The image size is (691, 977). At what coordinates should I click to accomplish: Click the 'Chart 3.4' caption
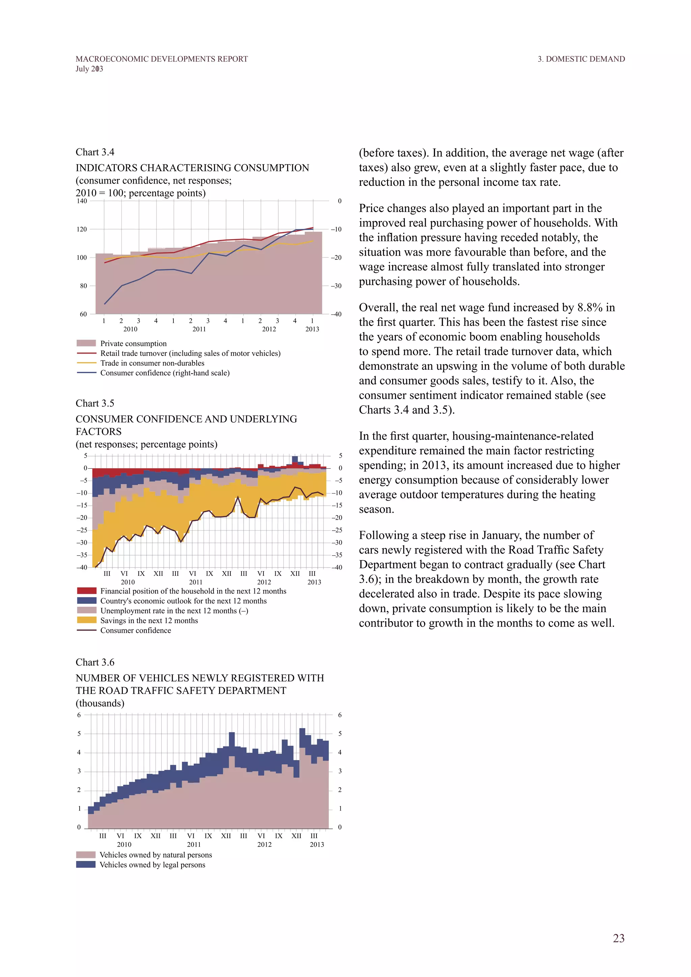pos(95,152)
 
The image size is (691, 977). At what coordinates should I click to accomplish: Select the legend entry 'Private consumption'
pos(133,343)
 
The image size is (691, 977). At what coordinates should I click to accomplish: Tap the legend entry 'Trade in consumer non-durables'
pos(152,363)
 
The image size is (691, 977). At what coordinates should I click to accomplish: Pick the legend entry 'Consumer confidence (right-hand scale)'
pos(165,373)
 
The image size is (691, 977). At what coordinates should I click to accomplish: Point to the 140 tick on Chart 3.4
pos(82,201)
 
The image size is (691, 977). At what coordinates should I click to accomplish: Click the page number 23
pos(618,938)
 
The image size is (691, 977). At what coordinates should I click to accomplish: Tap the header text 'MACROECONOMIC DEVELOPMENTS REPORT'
pos(162,59)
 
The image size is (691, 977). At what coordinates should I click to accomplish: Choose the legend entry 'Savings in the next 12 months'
pos(149,620)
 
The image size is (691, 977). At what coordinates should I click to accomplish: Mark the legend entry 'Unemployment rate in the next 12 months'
pos(174,611)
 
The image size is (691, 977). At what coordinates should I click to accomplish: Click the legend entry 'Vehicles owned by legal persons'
pos(152,865)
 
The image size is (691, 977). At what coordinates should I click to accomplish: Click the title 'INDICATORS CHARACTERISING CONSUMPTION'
pos(192,168)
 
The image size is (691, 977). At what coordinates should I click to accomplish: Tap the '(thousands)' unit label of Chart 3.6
pos(100,703)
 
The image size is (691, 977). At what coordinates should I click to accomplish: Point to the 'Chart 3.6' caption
pos(95,662)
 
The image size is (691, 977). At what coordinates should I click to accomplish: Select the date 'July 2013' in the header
pos(89,69)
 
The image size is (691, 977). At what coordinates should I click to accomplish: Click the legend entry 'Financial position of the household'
pos(193,591)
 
